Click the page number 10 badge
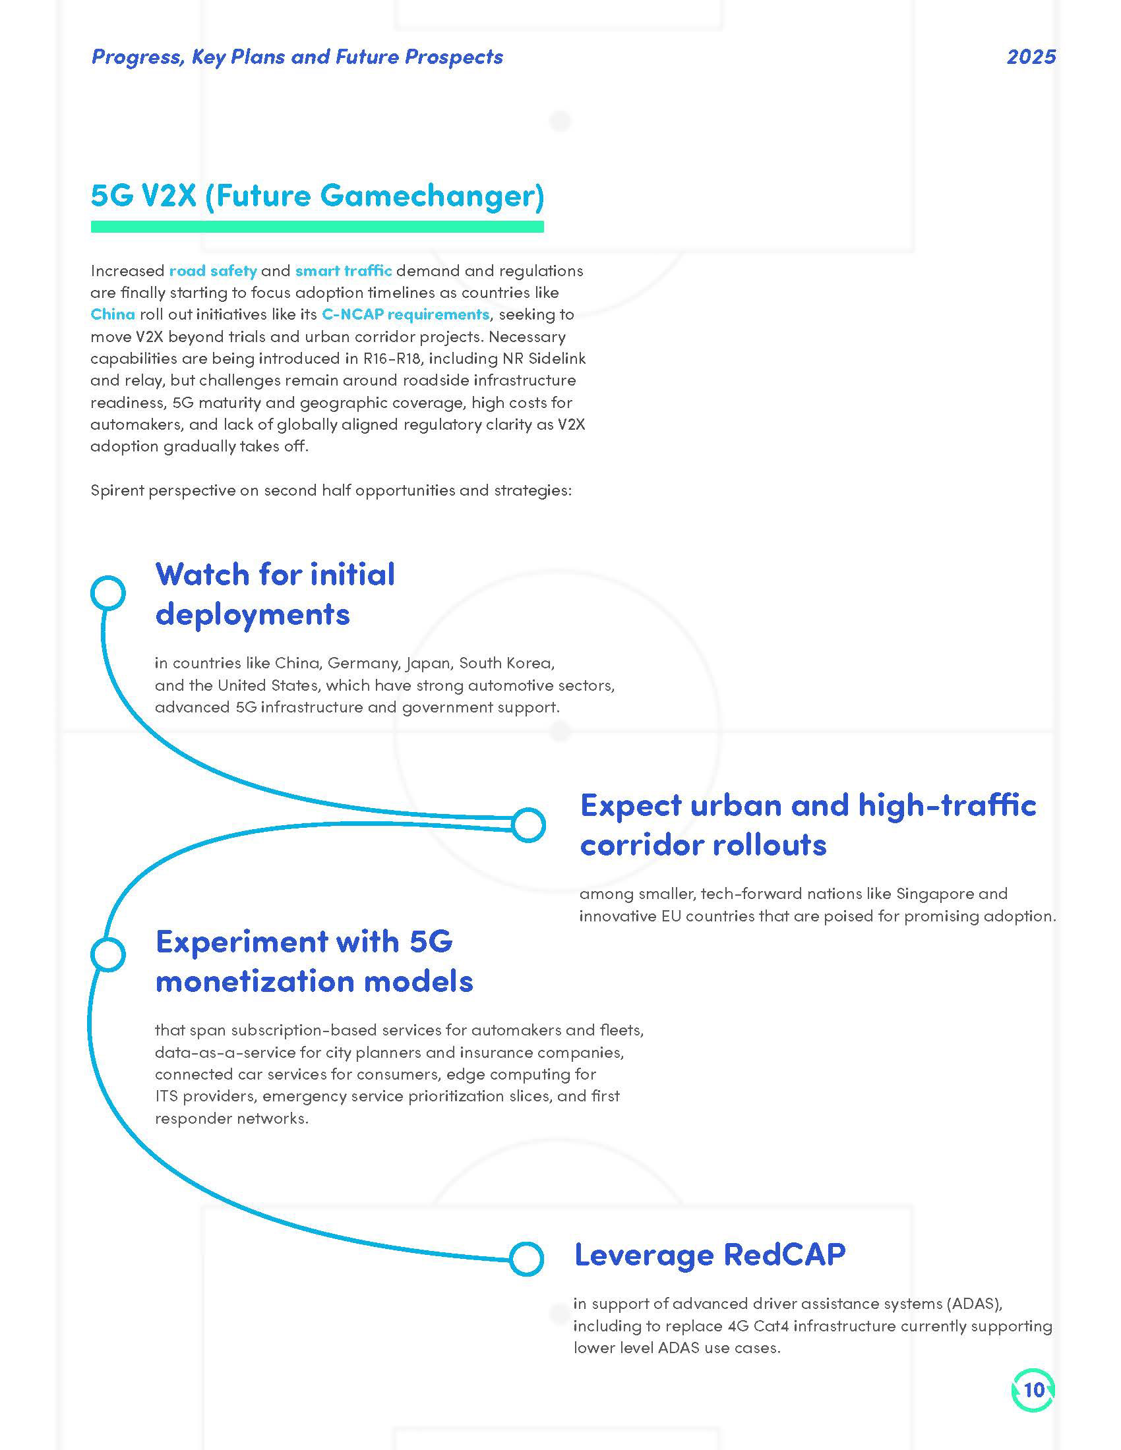point(1033,1389)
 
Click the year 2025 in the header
point(1031,57)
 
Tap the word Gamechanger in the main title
point(432,196)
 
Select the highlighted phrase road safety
point(212,271)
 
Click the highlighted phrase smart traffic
point(344,271)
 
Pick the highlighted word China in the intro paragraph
point(112,314)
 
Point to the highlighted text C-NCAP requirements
point(405,314)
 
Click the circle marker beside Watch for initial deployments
point(107,593)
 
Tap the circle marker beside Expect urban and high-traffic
point(528,825)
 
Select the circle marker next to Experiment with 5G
point(107,955)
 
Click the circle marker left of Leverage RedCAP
point(526,1258)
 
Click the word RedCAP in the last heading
point(783,1254)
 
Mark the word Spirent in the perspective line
point(117,490)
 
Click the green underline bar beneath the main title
point(317,227)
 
